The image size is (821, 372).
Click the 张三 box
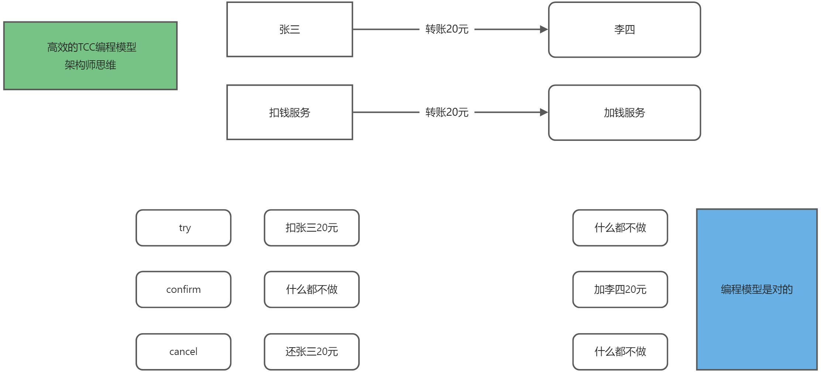coord(290,29)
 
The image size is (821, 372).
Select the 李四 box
coord(624,30)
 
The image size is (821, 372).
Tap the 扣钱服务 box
coord(290,112)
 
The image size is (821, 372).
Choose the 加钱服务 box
coord(624,112)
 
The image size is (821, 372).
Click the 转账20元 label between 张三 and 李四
coord(447,29)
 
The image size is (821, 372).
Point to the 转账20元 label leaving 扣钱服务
coord(447,112)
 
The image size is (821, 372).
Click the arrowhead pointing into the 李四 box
coord(544,29)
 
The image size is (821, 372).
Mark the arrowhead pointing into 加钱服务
coord(544,112)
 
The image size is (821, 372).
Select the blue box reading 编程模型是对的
coord(756,289)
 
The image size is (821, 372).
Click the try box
coord(184,228)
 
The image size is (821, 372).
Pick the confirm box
coord(184,289)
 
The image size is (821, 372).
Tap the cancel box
coord(184,351)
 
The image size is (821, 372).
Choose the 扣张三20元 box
coord(311,228)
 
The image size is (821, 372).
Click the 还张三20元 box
coord(311,351)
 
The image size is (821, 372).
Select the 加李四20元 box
coord(620,289)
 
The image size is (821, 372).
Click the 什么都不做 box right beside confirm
coord(311,289)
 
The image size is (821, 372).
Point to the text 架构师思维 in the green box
coord(90,65)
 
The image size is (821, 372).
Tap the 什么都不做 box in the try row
coord(620,228)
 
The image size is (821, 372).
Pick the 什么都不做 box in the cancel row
coord(620,351)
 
